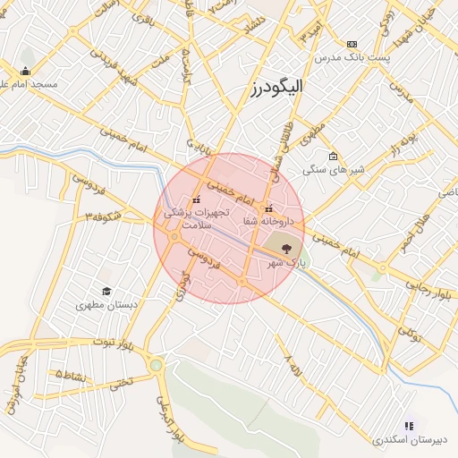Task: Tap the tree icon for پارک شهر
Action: (x=285, y=248)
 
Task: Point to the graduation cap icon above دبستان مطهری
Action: (x=106, y=292)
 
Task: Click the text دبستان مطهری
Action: (x=106, y=305)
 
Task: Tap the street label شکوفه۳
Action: (x=104, y=216)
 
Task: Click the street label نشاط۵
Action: (x=71, y=375)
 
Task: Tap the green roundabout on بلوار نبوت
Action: (x=157, y=365)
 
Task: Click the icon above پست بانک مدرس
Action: (x=352, y=44)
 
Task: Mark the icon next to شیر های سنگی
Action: (x=333, y=156)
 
